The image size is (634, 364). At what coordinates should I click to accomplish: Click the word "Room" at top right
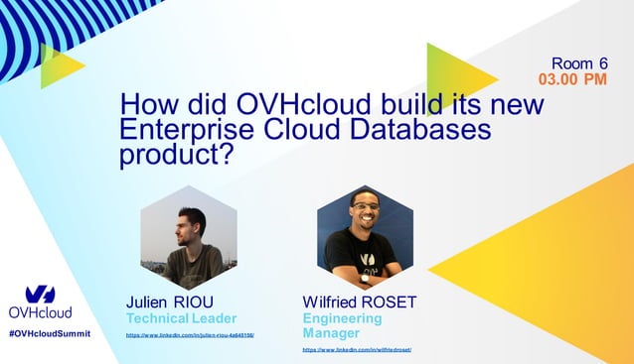coord(571,61)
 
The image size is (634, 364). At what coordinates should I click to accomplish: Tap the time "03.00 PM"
coord(571,78)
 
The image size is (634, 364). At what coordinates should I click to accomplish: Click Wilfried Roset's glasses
coord(366,209)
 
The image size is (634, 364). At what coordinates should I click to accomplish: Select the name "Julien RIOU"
coord(170,302)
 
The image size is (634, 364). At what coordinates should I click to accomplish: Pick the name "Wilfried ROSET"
coord(359,302)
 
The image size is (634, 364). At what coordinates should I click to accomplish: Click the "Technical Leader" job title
coord(181,318)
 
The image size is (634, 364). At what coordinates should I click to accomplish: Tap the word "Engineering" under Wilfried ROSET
coord(342,318)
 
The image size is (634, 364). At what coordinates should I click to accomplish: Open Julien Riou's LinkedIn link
coord(190,336)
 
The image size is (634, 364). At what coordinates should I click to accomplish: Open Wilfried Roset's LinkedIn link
coord(357,350)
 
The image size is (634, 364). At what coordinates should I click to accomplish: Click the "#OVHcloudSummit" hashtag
coord(49,334)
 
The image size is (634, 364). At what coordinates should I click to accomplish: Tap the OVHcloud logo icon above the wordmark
coord(40,294)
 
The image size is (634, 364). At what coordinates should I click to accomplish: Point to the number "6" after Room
coord(602,61)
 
